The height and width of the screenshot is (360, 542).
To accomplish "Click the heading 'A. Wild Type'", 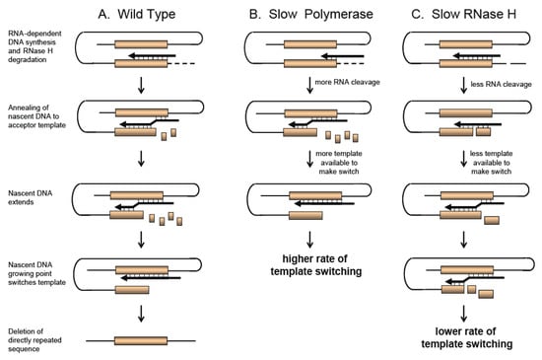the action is pos(137,14).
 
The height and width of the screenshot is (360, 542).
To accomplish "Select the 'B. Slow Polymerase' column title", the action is pos(311,14).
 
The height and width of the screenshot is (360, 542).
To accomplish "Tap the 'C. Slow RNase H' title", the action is pos(464,14).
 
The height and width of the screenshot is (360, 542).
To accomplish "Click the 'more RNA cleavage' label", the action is pos(348,82).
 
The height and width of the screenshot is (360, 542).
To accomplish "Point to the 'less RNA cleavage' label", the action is pos(502,85).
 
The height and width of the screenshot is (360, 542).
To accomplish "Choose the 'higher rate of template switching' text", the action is pos(316,265).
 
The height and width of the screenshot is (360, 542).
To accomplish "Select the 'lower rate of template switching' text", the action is pos(467,337).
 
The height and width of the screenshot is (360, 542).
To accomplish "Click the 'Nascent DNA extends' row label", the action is pos(31,197).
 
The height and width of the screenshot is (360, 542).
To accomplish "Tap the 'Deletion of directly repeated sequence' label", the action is pos(34,340).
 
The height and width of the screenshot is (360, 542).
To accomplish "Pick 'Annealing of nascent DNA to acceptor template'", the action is pos(36,116).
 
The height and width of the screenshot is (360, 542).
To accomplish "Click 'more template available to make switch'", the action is pos(339,163).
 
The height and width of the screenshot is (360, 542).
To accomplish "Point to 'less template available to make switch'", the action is pos(491,163).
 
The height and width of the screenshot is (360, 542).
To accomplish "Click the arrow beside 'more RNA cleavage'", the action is pos(309,86).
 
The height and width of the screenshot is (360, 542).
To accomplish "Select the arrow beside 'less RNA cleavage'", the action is pos(463,86).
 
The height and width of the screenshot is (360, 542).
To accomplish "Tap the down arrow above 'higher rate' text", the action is pos(309,240).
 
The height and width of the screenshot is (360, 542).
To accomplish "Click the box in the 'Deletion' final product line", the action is pos(141,341).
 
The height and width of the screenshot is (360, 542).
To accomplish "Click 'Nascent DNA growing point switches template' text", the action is pos(36,273).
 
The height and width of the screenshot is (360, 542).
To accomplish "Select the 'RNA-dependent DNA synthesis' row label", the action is pos(34,46).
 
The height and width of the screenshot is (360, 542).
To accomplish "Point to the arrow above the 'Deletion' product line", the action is pos(141,314).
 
